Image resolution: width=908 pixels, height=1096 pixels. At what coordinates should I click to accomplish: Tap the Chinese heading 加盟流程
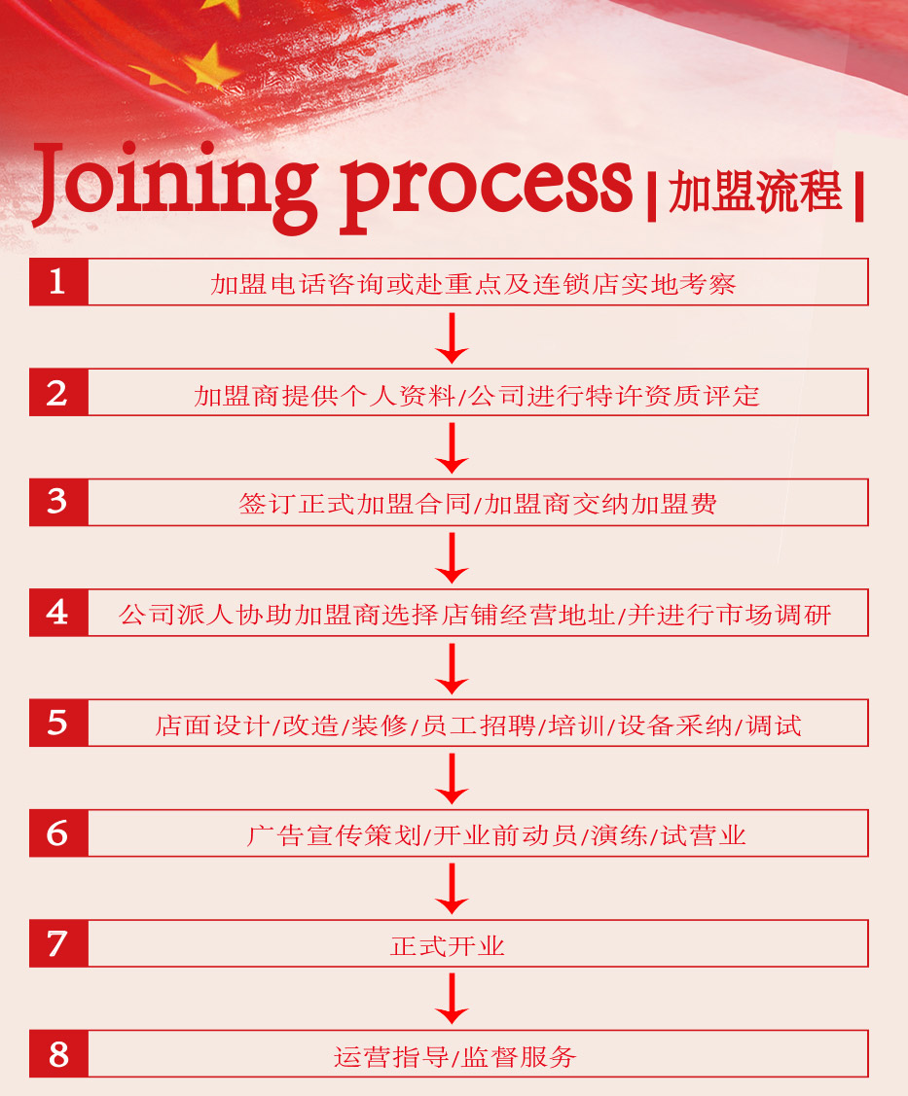[755, 193]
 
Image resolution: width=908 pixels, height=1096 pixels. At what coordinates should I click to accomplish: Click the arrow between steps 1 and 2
[452, 337]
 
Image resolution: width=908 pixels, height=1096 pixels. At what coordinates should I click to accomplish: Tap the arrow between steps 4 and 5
[452, 668]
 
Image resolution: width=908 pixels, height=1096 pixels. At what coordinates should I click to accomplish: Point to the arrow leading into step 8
[452, 999]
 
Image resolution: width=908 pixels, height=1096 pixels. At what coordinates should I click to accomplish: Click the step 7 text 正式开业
[448, 945]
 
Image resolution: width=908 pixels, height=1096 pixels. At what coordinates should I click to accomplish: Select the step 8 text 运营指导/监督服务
[454, 1056]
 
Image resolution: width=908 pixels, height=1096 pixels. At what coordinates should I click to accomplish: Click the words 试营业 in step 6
[704, 834]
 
